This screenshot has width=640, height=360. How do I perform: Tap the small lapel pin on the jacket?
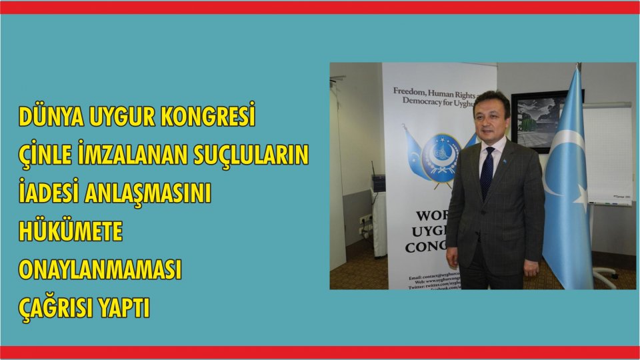(509, 158)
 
